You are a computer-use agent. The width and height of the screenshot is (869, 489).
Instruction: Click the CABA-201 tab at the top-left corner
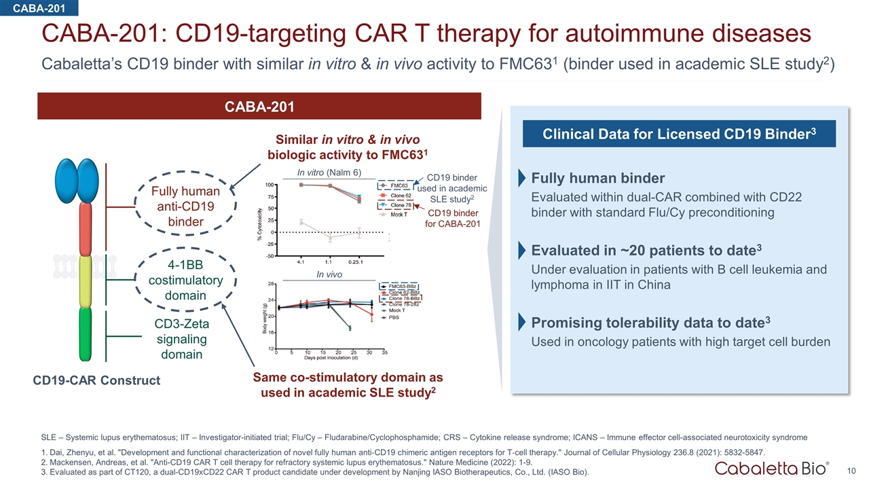[x=39, y=7]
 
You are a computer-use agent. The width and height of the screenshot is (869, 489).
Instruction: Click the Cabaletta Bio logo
[x=771, y=468]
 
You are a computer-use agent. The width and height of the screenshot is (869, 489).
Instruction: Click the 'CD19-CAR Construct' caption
[x=96, y=380]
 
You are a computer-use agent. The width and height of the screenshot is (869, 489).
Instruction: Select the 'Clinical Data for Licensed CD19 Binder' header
[x=678, y=133]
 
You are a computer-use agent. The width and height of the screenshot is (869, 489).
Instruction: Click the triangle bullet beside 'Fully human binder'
[x=521, y=179]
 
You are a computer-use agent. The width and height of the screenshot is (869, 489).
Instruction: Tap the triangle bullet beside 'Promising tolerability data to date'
[x=521, y=322]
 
